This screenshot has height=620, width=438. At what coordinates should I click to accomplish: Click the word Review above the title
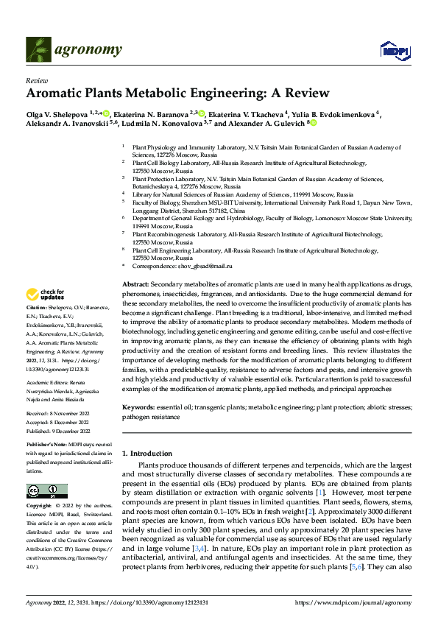(36, 80)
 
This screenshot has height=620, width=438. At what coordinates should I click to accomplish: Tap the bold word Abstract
(135, 283)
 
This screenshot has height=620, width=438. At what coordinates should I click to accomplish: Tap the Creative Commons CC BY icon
(46, 491)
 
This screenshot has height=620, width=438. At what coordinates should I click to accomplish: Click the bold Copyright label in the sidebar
(39, 507)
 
